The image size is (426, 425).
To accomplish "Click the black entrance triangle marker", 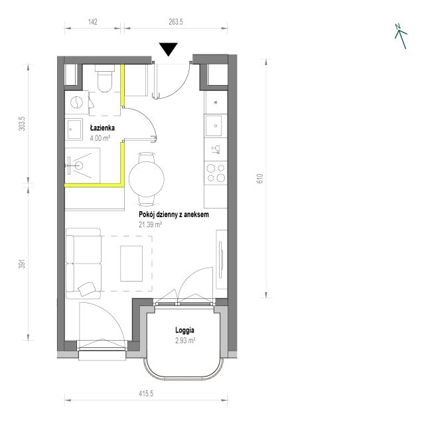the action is click(169, 49).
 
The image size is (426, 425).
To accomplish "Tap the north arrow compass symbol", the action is click(401, 36).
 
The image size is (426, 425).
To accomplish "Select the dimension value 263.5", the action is click(176, 22).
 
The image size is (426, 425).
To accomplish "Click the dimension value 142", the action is click(93, 22).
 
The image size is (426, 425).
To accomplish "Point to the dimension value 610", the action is click(260, 179).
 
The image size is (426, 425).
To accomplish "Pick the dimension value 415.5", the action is click(146, 394).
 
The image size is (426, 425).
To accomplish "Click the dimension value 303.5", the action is click(22, 124).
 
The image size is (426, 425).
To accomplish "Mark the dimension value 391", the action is click(22, 264).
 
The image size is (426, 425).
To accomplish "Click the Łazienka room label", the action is click(102, 127).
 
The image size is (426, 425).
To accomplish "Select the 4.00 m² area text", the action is click(100, 138).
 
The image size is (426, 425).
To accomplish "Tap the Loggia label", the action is click(184, 330).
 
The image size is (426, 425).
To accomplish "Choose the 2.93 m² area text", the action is click(185, 341).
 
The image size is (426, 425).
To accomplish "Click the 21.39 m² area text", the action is click(151, 224).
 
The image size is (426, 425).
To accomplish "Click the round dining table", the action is click(147, 179).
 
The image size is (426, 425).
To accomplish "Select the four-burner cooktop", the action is click(216, 173).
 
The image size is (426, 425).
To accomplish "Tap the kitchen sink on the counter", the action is click(213, 126).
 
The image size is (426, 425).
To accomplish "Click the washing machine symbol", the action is click(76, 102).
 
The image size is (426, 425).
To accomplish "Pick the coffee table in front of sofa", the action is click(131, 264).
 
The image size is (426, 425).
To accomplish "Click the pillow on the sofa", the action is click(87, 289).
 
